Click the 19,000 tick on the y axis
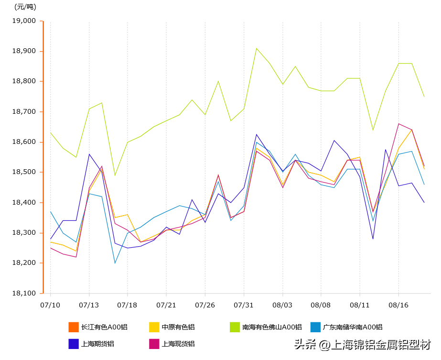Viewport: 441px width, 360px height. [23, 21]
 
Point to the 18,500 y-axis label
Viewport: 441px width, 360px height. [23, 172]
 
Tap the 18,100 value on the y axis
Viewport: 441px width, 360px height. [23, 294]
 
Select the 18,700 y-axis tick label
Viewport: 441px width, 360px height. [23, 112]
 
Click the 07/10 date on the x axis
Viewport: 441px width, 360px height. [50, 305]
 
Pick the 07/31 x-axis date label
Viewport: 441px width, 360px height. [244, 305]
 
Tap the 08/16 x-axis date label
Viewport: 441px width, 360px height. [398, 305]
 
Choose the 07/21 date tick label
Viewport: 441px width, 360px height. [166, 305]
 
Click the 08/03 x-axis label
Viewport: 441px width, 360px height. [282, 305]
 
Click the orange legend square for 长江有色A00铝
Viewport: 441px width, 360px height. [74, 327]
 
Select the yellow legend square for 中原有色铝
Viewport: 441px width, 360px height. [154, 327]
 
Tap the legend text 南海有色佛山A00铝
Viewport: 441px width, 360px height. [272, 327]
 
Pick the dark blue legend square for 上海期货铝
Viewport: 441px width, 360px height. [74, 344]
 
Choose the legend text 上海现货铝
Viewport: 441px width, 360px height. [178, 344]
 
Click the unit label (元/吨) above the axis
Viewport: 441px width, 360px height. [25, 7]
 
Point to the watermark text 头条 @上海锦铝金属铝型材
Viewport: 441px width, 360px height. [362, 344]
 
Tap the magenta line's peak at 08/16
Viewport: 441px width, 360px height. [398, 124]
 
